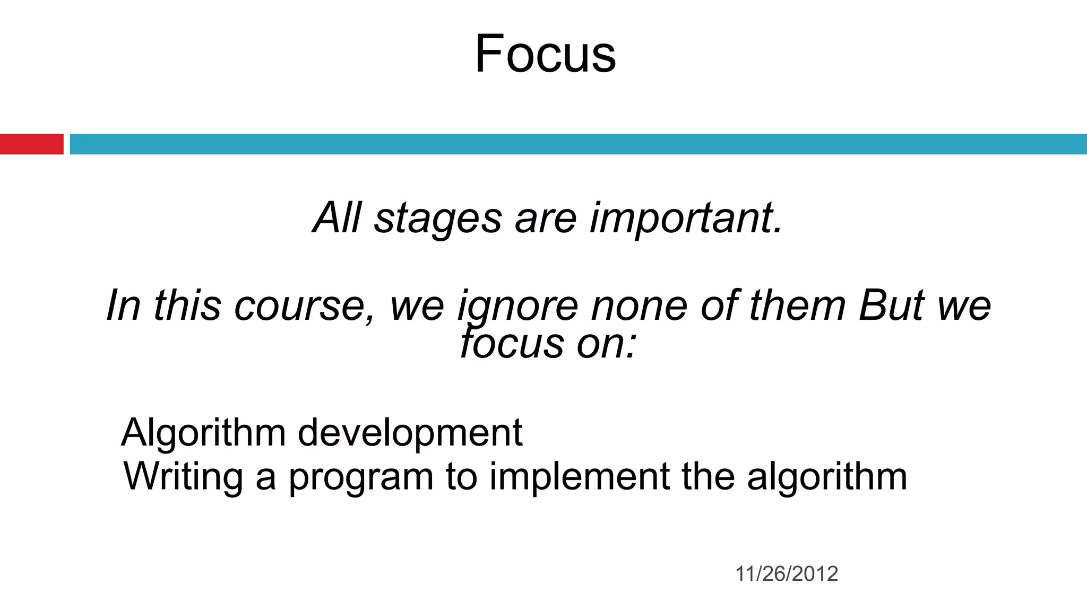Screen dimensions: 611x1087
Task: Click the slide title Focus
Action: [545, 54]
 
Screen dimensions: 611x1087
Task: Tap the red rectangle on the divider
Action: [31, 144]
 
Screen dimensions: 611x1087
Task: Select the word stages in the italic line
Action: [438, 219]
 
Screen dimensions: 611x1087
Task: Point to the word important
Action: [686, 219]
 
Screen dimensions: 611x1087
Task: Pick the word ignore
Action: [517, 306]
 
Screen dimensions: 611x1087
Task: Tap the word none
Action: [639, 306]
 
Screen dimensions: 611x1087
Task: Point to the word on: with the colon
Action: [606, 344]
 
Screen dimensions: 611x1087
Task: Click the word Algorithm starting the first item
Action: [204, 433]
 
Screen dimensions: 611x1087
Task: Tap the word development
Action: [410, 433]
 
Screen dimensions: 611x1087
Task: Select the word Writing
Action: [183, 476]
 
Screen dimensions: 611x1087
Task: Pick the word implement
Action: [579, 476]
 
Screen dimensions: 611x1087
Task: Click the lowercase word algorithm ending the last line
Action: [826, 476]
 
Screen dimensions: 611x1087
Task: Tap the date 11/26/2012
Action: [786, 574]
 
